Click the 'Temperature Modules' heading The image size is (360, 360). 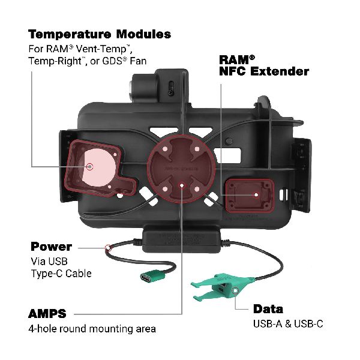(99, 34)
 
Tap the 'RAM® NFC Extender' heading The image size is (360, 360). (264, 65)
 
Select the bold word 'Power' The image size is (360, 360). (51, 247)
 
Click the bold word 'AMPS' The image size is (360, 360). (47, 313)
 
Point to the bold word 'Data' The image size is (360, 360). (268, 309)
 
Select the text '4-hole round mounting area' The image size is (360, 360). (92, 329)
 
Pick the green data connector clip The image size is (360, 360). (219, 287)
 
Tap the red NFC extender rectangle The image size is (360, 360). (248, 196)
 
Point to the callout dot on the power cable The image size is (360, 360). (108, 247)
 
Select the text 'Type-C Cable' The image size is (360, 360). (62, 274)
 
